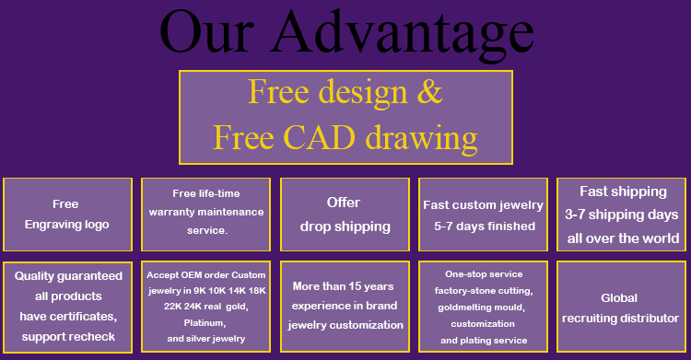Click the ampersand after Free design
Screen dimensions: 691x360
(x=429, y=92)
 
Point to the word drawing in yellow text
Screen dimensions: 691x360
(x=422, y=140)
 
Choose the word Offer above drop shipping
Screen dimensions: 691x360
(x=344, y=203)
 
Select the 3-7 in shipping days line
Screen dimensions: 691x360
(x=575, y=215)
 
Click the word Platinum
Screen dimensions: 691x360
(x=205, y=323)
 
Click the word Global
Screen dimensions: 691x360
(x=619, y=298)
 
